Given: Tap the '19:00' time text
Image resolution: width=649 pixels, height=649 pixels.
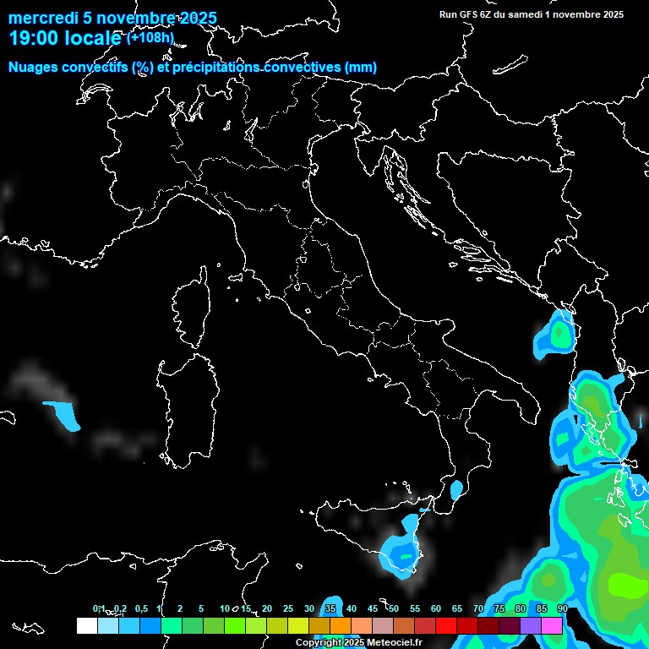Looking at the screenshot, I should (x=33, y=38).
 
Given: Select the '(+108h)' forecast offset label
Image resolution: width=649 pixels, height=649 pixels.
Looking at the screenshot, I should (x=150, y=37).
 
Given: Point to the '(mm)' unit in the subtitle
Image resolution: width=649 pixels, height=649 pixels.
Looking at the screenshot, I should (x=360, y=68).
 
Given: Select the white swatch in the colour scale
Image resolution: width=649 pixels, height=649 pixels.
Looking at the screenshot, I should (x=86, y=625).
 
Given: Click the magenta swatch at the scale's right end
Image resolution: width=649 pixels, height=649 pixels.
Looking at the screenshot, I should (x=552, y=625).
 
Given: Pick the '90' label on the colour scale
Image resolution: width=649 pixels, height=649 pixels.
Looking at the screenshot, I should (x=562, y=608).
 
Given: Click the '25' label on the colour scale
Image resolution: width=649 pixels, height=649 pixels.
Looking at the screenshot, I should (x=287, y=608).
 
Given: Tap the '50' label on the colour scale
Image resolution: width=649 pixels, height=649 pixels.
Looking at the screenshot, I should (x=394, y=608).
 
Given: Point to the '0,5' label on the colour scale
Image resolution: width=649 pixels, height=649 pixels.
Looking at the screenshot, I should (x=141, y=608).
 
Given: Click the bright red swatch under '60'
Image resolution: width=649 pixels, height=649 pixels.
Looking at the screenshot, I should (x=446, y=625).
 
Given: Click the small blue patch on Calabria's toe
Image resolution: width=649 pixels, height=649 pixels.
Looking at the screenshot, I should (x=456, y=489).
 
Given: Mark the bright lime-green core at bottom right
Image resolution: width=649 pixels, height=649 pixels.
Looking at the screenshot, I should (x=626, y=582).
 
